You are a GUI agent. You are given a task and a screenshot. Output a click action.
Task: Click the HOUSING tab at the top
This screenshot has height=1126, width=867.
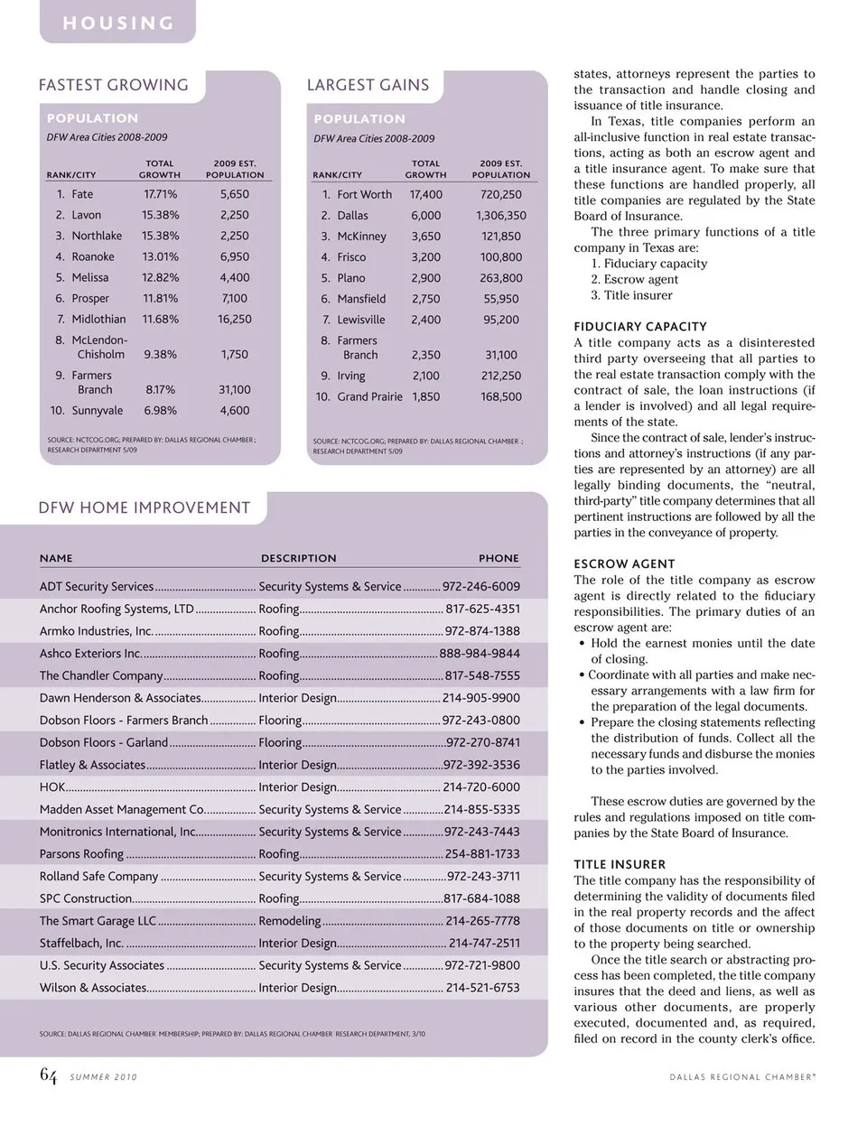(x=117, y=23)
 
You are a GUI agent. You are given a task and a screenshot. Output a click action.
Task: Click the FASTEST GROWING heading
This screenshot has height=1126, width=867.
(x=114, y=85)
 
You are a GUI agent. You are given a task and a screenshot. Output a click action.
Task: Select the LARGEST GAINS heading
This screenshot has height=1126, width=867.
(x=368, y=85)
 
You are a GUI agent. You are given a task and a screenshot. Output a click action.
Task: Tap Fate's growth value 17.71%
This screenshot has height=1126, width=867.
(x=160, y=194)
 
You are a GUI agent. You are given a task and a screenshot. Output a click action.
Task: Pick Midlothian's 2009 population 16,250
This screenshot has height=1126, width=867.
(x=235, y=319)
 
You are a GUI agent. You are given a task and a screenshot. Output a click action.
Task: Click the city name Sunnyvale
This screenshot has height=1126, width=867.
(x=98, y=410)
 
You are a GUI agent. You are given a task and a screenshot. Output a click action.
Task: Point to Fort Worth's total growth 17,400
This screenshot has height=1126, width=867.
(x=425, y=194)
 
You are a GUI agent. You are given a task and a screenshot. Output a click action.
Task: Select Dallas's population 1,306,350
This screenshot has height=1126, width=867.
(x=501, y=216)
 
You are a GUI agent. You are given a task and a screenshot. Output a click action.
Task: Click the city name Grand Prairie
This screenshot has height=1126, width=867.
(x=369, y=396)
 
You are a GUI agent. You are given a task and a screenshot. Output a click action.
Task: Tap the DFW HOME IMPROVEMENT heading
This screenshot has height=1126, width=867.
(x=144, y=507)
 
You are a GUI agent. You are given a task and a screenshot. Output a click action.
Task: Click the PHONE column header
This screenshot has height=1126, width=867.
(x=499, y=558)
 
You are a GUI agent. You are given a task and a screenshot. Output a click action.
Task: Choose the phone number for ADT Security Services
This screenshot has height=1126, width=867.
(x=480, y=587)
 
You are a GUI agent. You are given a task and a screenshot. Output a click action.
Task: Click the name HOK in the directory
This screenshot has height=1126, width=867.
(x=52, y=787)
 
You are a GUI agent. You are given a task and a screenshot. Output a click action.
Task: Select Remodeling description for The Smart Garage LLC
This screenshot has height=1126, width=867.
(x=290, y=921)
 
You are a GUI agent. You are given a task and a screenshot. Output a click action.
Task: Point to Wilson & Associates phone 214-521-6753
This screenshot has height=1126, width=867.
(x=482, y=988)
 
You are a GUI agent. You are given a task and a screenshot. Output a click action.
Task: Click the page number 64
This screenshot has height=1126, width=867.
(x=48, y=1075)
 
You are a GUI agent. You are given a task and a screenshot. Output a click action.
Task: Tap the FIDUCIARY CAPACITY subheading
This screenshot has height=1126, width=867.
(x=640, y=327)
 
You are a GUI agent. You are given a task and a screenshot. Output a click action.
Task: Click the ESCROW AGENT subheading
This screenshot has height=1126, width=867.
(x=624, y=564)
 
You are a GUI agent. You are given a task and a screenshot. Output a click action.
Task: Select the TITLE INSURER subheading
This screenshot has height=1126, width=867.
(x=620, y=864)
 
